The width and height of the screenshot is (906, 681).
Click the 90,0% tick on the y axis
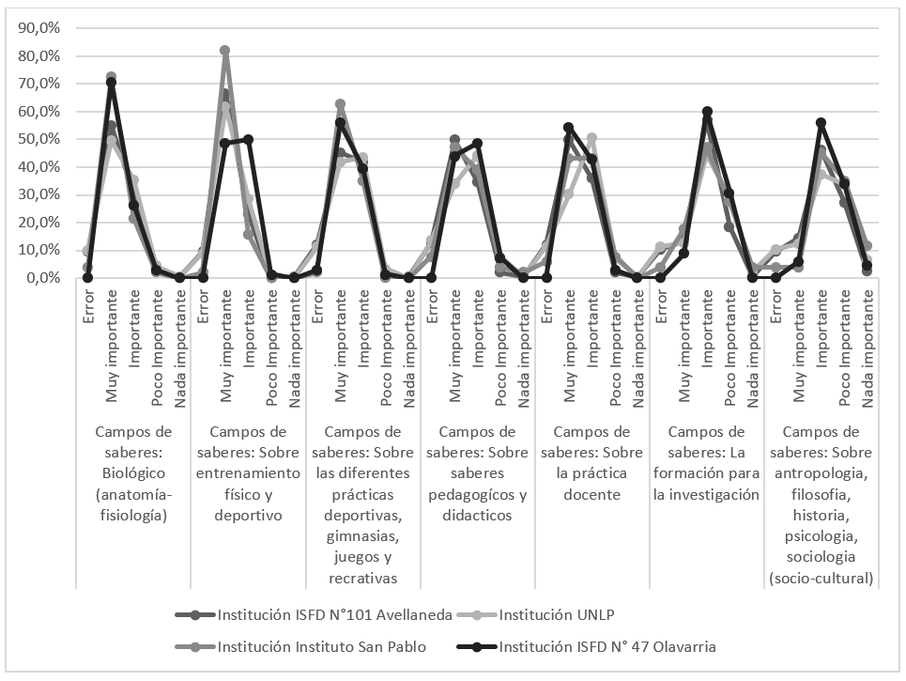38,28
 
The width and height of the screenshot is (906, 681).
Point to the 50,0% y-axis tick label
38,139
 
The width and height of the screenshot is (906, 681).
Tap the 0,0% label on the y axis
42,278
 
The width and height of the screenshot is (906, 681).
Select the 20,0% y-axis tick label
38,223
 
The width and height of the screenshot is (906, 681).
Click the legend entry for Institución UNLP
555,616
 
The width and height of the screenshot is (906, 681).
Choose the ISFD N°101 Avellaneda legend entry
335,616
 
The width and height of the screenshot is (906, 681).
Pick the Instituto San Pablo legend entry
321,646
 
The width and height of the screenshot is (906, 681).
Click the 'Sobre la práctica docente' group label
593,463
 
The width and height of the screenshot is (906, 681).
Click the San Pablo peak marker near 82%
225,51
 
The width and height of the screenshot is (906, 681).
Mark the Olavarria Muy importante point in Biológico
111,83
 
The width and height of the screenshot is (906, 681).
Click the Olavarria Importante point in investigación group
707,112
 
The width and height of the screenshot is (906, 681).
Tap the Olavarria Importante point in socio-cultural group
822,123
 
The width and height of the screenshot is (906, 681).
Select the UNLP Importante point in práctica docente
591,138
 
